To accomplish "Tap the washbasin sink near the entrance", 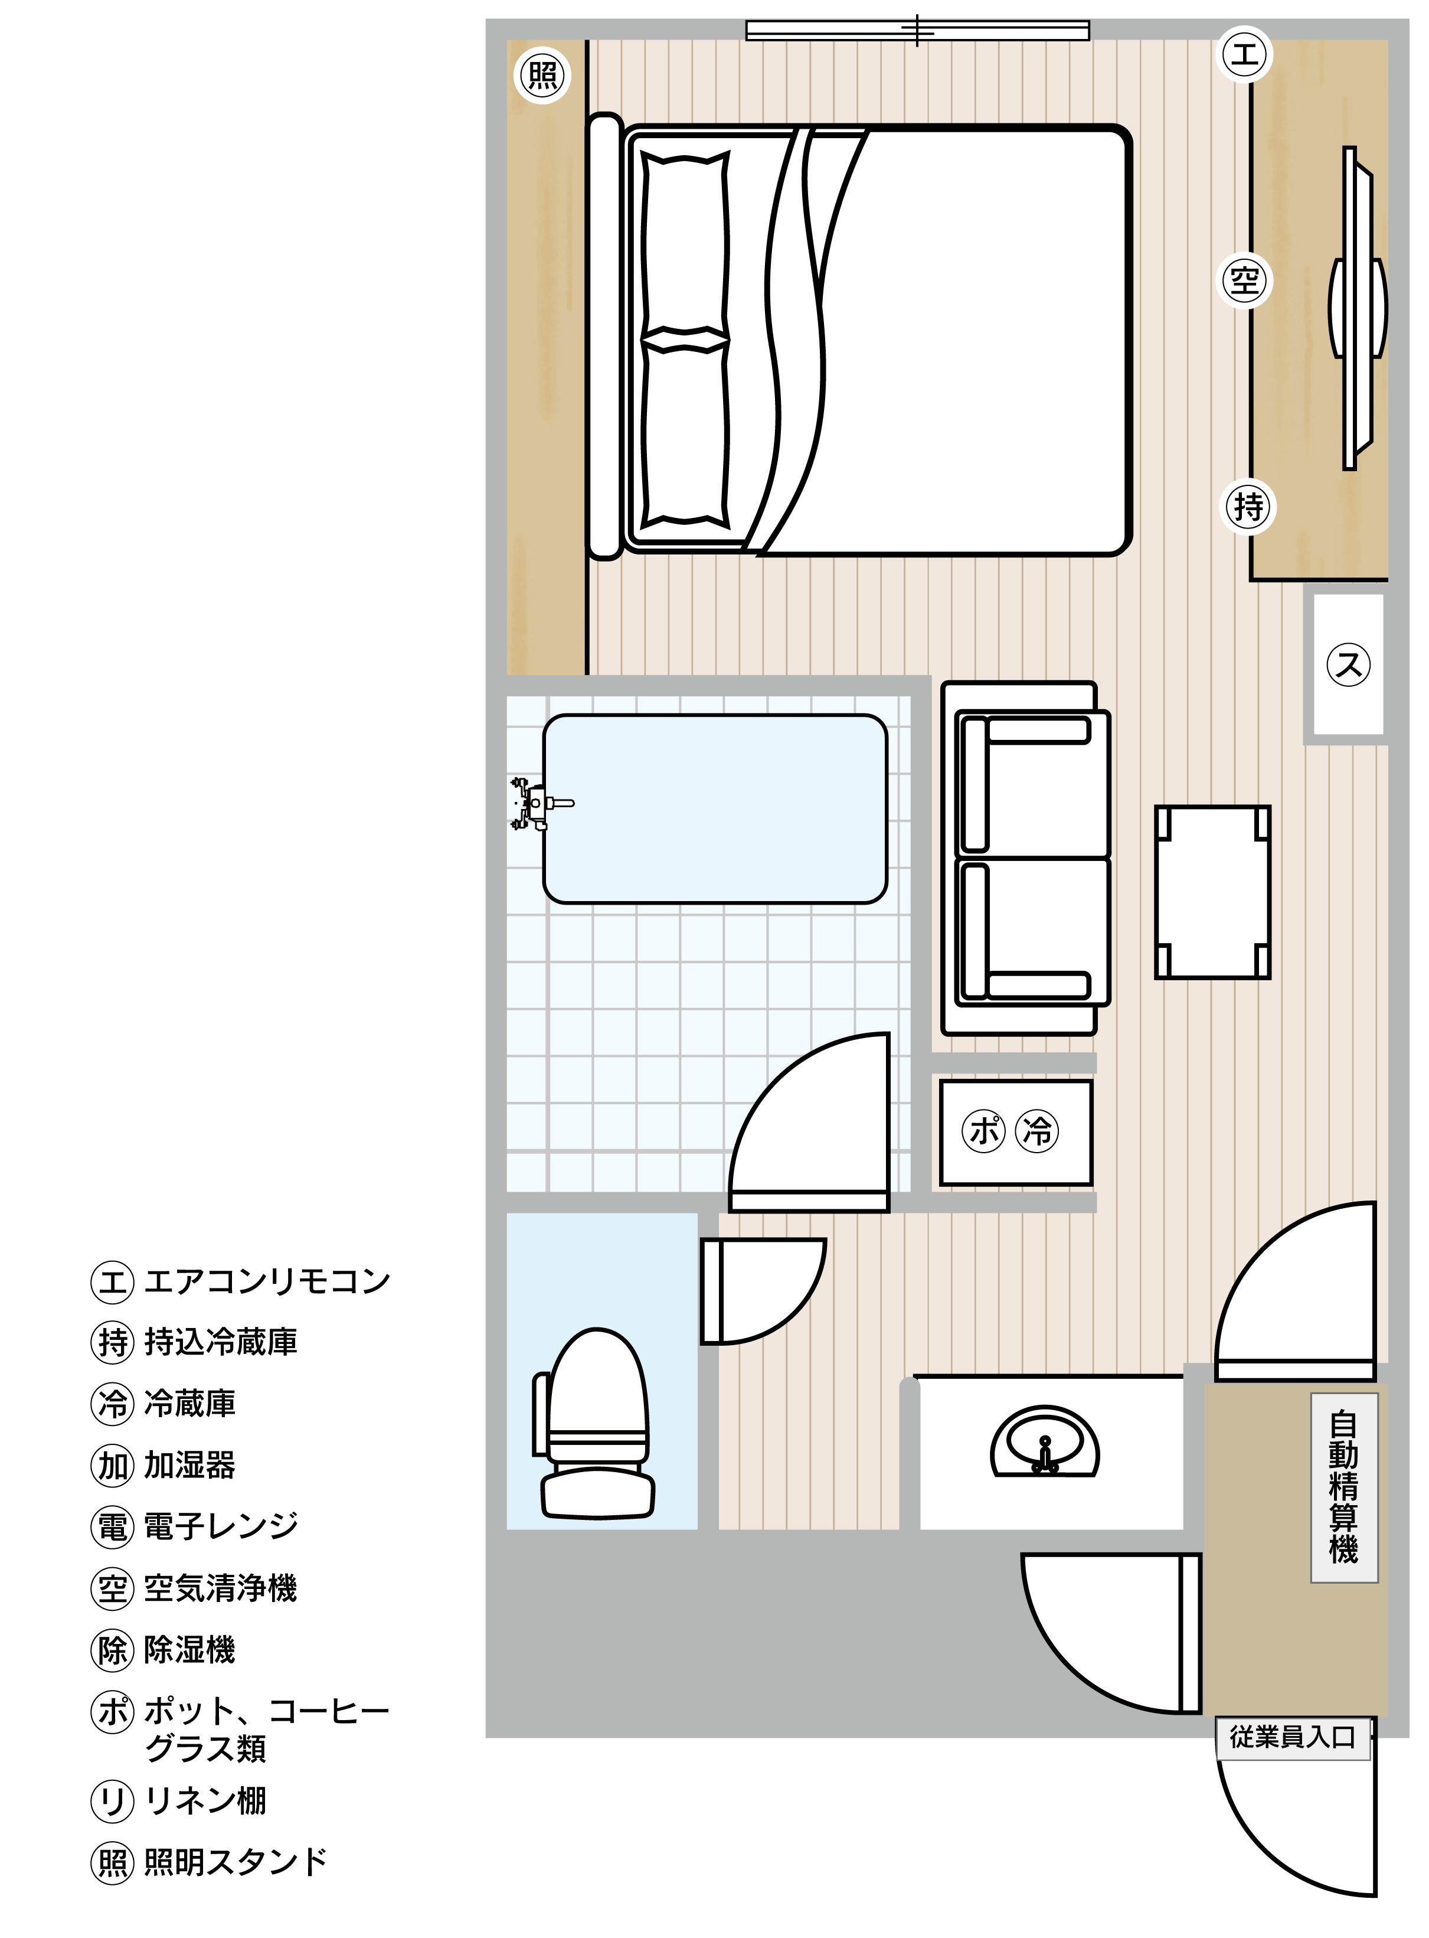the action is point(1045,1441).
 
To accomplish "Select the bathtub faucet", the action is point(539,804).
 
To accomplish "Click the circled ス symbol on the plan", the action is point(1349,664).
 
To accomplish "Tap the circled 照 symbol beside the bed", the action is point(542,75).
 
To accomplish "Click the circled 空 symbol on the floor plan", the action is point(1245,280).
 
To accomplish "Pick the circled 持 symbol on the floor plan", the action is point(1247,506).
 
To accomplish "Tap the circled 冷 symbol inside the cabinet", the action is point(1037,1131).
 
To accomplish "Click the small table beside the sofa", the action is point(1212,892).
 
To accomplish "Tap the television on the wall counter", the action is point(1357,308).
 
